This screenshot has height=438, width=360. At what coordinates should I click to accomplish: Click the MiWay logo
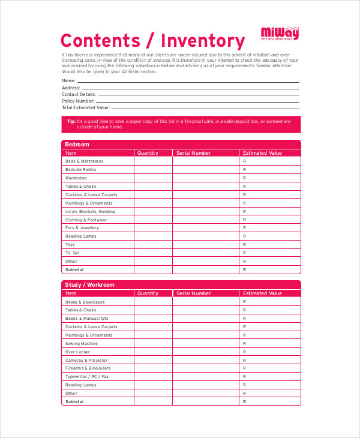click(279, 33)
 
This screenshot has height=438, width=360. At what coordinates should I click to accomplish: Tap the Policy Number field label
click(77, 101)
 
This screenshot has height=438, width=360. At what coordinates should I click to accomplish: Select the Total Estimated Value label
click(86, 107)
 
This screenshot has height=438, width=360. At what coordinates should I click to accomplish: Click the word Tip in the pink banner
click(71, 121)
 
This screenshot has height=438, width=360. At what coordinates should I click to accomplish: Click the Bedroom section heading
click(77, 145)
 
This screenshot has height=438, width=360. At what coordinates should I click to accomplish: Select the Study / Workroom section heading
click(89, 285)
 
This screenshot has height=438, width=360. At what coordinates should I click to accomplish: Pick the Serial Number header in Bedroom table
click(194, 153)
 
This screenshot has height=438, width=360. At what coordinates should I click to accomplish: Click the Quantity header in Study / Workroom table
click(148, 293)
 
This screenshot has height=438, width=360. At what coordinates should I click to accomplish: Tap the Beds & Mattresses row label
click(84, 161)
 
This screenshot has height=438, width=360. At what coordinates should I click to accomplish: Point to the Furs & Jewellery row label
click(82, 228)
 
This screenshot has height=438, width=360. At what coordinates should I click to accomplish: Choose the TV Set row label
click(72, 253)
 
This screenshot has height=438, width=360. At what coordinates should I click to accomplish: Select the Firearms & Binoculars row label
click(88, 368)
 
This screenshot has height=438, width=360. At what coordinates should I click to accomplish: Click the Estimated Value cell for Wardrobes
click(270, 178)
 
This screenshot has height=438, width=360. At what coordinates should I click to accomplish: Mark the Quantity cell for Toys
click(153, 245)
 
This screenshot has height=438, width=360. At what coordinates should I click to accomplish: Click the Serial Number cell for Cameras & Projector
click(206, 360)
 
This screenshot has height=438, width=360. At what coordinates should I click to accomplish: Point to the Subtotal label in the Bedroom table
click(74, 270)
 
